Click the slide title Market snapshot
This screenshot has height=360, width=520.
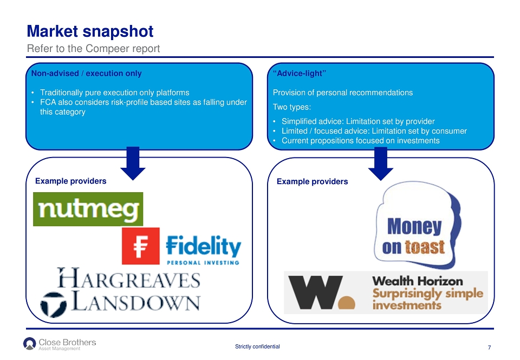(x=90, y=32)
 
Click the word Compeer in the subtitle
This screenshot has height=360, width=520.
(x=107, y=49)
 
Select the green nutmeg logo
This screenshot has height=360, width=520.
(x=88, y=209)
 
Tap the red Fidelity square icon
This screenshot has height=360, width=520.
(x=141, y=246)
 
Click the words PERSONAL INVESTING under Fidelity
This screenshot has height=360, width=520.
(x=203, y=263)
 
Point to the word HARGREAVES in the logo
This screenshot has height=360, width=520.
(x=129, y=278)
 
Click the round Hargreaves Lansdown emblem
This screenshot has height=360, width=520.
(x=53, y=304)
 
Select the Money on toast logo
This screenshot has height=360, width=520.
(x=418, y=225)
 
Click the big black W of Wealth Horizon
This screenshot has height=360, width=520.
(x=315, y=292)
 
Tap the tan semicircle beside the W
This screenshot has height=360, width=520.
(x=347, y=303)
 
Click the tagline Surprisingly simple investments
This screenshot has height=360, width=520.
(x=428, y=299)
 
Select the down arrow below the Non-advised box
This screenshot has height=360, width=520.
(x=133, y=163)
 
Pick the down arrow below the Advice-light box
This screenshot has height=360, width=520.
(x=381, y=163)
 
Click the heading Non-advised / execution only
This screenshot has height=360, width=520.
(x=86, y=73)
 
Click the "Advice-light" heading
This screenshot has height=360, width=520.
(x=300, y=73)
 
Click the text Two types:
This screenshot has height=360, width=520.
(x=292, y=107)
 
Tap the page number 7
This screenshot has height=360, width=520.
(x=489, y=348)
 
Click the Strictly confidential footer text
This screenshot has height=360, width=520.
(x=257, y=346)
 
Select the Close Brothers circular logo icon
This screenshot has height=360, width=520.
(x=29, y=343)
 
